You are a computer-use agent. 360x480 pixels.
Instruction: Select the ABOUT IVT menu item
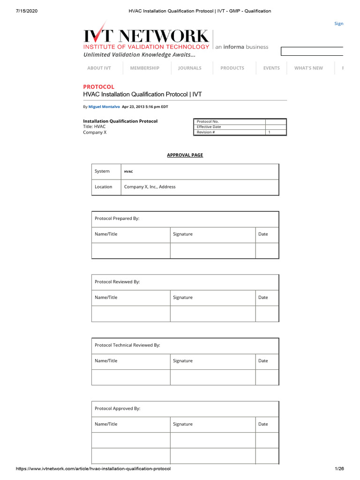tap(99, 68)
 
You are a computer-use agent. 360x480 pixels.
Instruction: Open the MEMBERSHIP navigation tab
tap(144, 68)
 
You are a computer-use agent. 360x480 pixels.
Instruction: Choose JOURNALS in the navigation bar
tap(189, 68)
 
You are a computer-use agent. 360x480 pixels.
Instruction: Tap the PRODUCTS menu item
tap(232, 68)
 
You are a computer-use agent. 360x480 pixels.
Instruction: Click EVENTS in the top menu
tap(271, 68)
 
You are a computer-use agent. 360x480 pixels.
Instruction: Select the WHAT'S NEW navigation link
tap(308, 68)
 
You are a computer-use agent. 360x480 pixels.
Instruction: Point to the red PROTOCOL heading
tap(98, 87)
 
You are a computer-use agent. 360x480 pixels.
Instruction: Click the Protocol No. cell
tap(208, 121)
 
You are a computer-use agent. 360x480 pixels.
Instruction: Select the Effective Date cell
tap(209, 127)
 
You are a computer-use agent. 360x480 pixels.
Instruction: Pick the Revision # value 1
tap(269, 132)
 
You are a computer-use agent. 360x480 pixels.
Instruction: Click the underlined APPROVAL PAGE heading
tap(185, 155)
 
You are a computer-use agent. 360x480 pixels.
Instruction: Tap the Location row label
tap(103, 187)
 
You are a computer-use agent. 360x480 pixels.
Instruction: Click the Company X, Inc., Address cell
tap(150, 187)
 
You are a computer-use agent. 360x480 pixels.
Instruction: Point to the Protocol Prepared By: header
tap(117, 218)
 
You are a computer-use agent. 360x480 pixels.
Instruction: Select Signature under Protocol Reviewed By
tap(182, 297)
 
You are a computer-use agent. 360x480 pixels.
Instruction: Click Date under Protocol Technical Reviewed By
tap(263, 360)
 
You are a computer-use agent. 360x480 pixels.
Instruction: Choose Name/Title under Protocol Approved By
tap(106, 424)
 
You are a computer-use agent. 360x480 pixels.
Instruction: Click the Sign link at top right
tap(338, 23)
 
